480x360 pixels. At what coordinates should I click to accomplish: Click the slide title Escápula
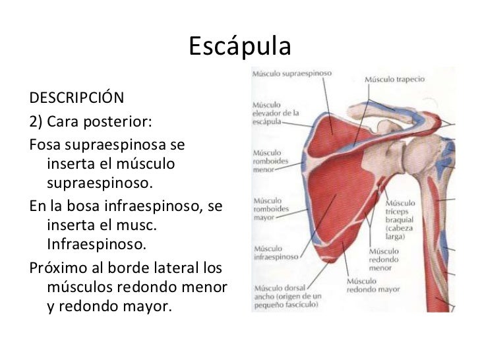(239, 46)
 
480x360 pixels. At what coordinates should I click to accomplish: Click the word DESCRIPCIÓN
(76, 99)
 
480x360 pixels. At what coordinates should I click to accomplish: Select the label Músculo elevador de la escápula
(276, 113)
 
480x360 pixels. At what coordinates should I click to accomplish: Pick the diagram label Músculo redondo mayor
(373, 285)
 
